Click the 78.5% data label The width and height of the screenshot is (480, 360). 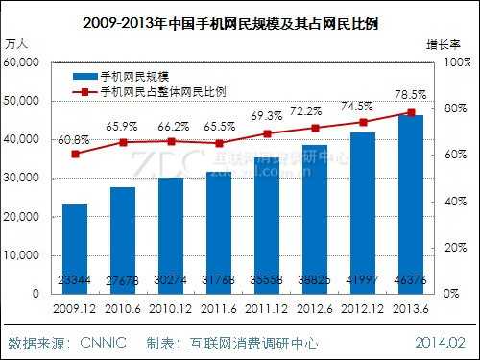point(413,96)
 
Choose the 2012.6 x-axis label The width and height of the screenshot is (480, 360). point(315,309)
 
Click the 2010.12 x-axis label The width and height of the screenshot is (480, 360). point(170,309)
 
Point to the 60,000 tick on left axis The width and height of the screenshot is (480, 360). point(22,61)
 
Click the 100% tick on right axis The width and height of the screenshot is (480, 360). point(454,61)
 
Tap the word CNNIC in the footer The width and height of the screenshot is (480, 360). point(103,343)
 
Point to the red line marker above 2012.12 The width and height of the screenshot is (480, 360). point(363,122)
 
